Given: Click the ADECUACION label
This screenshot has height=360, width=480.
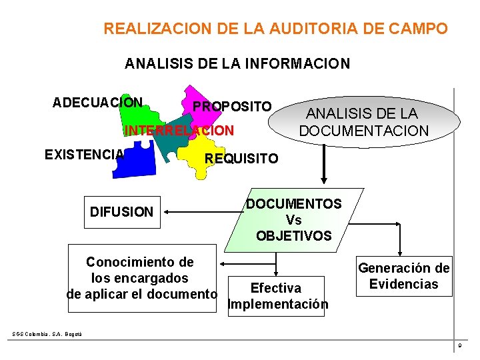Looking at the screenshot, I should point(97,103).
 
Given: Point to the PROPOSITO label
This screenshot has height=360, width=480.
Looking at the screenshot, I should point(232,107).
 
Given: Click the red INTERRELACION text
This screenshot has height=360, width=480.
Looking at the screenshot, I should point(179,131).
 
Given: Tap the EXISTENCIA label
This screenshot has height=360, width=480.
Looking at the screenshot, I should point(84,155).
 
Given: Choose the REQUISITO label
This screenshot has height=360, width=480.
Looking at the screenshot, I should point(241,159).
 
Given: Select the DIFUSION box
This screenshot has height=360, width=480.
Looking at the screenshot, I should point(121,212).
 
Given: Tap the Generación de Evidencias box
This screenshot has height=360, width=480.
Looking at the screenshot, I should point(404,276).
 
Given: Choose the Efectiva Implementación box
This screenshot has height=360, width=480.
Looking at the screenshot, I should point(276,296).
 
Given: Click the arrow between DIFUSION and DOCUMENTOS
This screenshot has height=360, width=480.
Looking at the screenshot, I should point(201,213).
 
